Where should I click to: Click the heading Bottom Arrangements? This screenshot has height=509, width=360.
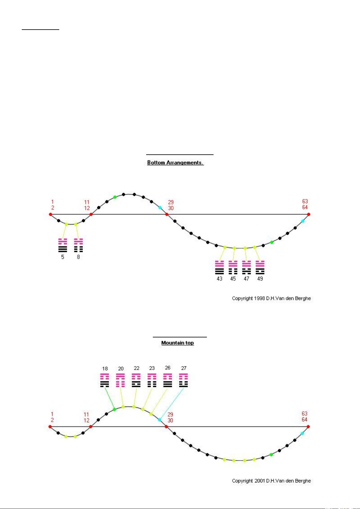tap(175, 163)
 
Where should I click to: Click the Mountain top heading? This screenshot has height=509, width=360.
tap(178, 343)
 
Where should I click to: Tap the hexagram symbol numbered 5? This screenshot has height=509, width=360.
tap(63, 245)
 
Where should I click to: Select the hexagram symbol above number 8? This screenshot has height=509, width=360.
tap(78, 245)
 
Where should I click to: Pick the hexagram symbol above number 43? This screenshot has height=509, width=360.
tap(219, 267)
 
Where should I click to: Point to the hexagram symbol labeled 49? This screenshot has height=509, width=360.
tap(260, 267)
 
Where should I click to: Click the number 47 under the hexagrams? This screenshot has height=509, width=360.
tap(246, 279)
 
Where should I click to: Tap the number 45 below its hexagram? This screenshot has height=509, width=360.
tap(233, 279)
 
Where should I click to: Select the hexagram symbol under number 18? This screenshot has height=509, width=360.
tap(105, 380)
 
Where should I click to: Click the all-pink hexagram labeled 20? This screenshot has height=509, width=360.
tap(121, 380)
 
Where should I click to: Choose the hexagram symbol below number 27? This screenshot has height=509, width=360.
tap(184, 380)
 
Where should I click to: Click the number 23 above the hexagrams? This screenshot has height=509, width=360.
tap(152, 368)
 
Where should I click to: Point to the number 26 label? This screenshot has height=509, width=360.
tap(168, 368)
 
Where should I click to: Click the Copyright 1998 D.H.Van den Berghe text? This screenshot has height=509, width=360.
tap(271, 298)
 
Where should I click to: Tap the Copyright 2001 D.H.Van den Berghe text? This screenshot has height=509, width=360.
tap(271, 481)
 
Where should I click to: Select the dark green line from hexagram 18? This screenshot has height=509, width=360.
tap(109, 398)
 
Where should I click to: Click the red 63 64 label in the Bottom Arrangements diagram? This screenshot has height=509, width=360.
tap(305, 204)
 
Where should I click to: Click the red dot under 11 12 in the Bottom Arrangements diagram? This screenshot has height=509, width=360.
tap(91, 214)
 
